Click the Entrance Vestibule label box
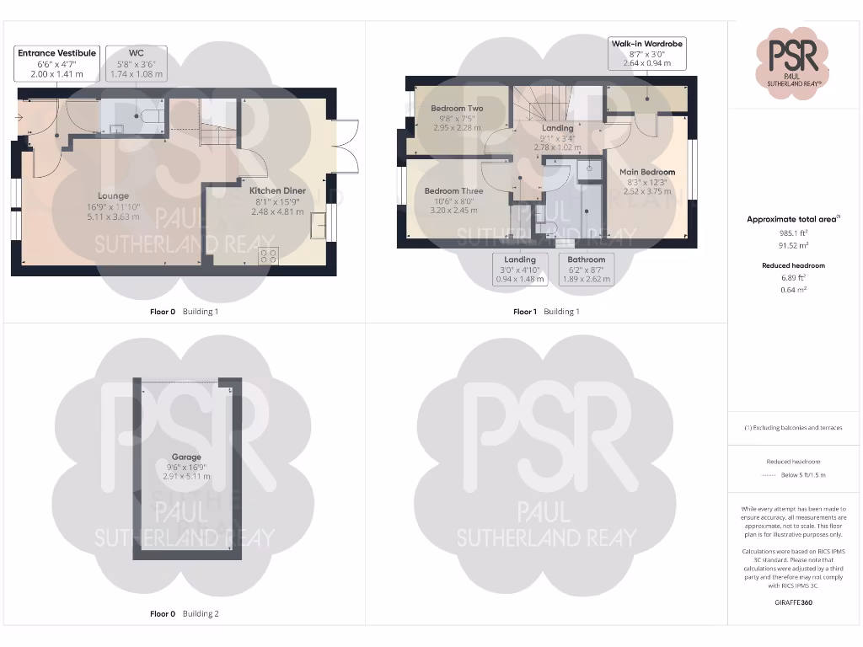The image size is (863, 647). click(57, 63)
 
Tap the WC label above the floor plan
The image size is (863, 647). click(136, 63)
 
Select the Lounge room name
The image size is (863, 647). click(113, 196)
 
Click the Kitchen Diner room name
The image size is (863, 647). click(277, 191)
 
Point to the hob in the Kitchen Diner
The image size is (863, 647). click(269, 255)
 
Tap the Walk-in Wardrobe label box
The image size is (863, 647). click(646, 53)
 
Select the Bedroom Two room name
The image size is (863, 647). click(457, 109)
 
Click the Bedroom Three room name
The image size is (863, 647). click(453, 191)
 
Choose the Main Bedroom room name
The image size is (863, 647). click(647, 173)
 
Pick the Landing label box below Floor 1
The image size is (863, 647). click(520, 269)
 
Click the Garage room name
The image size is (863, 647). click(186, 457)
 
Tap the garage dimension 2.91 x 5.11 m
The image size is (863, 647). click(186, 477)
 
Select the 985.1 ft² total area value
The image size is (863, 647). click(794, 233)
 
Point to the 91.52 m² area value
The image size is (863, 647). click(794, 245)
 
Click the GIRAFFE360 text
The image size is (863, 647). click(794, 602)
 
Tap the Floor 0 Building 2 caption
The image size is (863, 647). click(185, 614)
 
